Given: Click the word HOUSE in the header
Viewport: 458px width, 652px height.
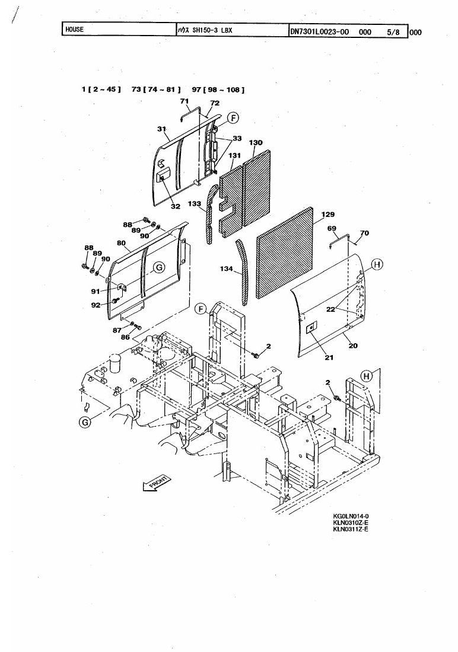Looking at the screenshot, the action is pos(75,30).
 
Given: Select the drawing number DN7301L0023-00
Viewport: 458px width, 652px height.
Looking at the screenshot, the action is pos(319,31).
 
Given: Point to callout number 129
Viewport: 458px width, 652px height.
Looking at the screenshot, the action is pos(328,215).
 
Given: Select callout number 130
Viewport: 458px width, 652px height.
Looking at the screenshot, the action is pos(256,143).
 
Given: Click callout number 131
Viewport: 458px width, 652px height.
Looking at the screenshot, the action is pos(234,155).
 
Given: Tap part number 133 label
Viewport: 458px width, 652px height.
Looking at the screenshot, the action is pos(195,204).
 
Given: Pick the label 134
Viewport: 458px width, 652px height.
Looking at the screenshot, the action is pos(227,269).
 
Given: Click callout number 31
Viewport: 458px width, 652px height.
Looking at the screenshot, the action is pos(161,129).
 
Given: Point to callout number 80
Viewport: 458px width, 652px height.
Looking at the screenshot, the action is pos(121,243).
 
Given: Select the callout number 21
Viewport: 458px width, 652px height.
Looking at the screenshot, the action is pos(329,357).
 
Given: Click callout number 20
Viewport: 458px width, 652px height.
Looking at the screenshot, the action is pos(353,346).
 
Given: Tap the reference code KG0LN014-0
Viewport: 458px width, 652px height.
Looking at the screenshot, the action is pos(351,517).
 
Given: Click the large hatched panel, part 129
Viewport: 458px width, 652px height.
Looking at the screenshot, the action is pos(285,253).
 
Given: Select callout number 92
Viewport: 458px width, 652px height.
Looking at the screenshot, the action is pos(96,305).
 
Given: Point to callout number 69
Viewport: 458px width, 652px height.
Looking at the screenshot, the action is pos(332,228).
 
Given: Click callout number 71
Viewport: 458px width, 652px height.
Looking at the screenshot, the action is pos(185,101).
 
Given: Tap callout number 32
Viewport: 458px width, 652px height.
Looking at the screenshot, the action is pos(176,207).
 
